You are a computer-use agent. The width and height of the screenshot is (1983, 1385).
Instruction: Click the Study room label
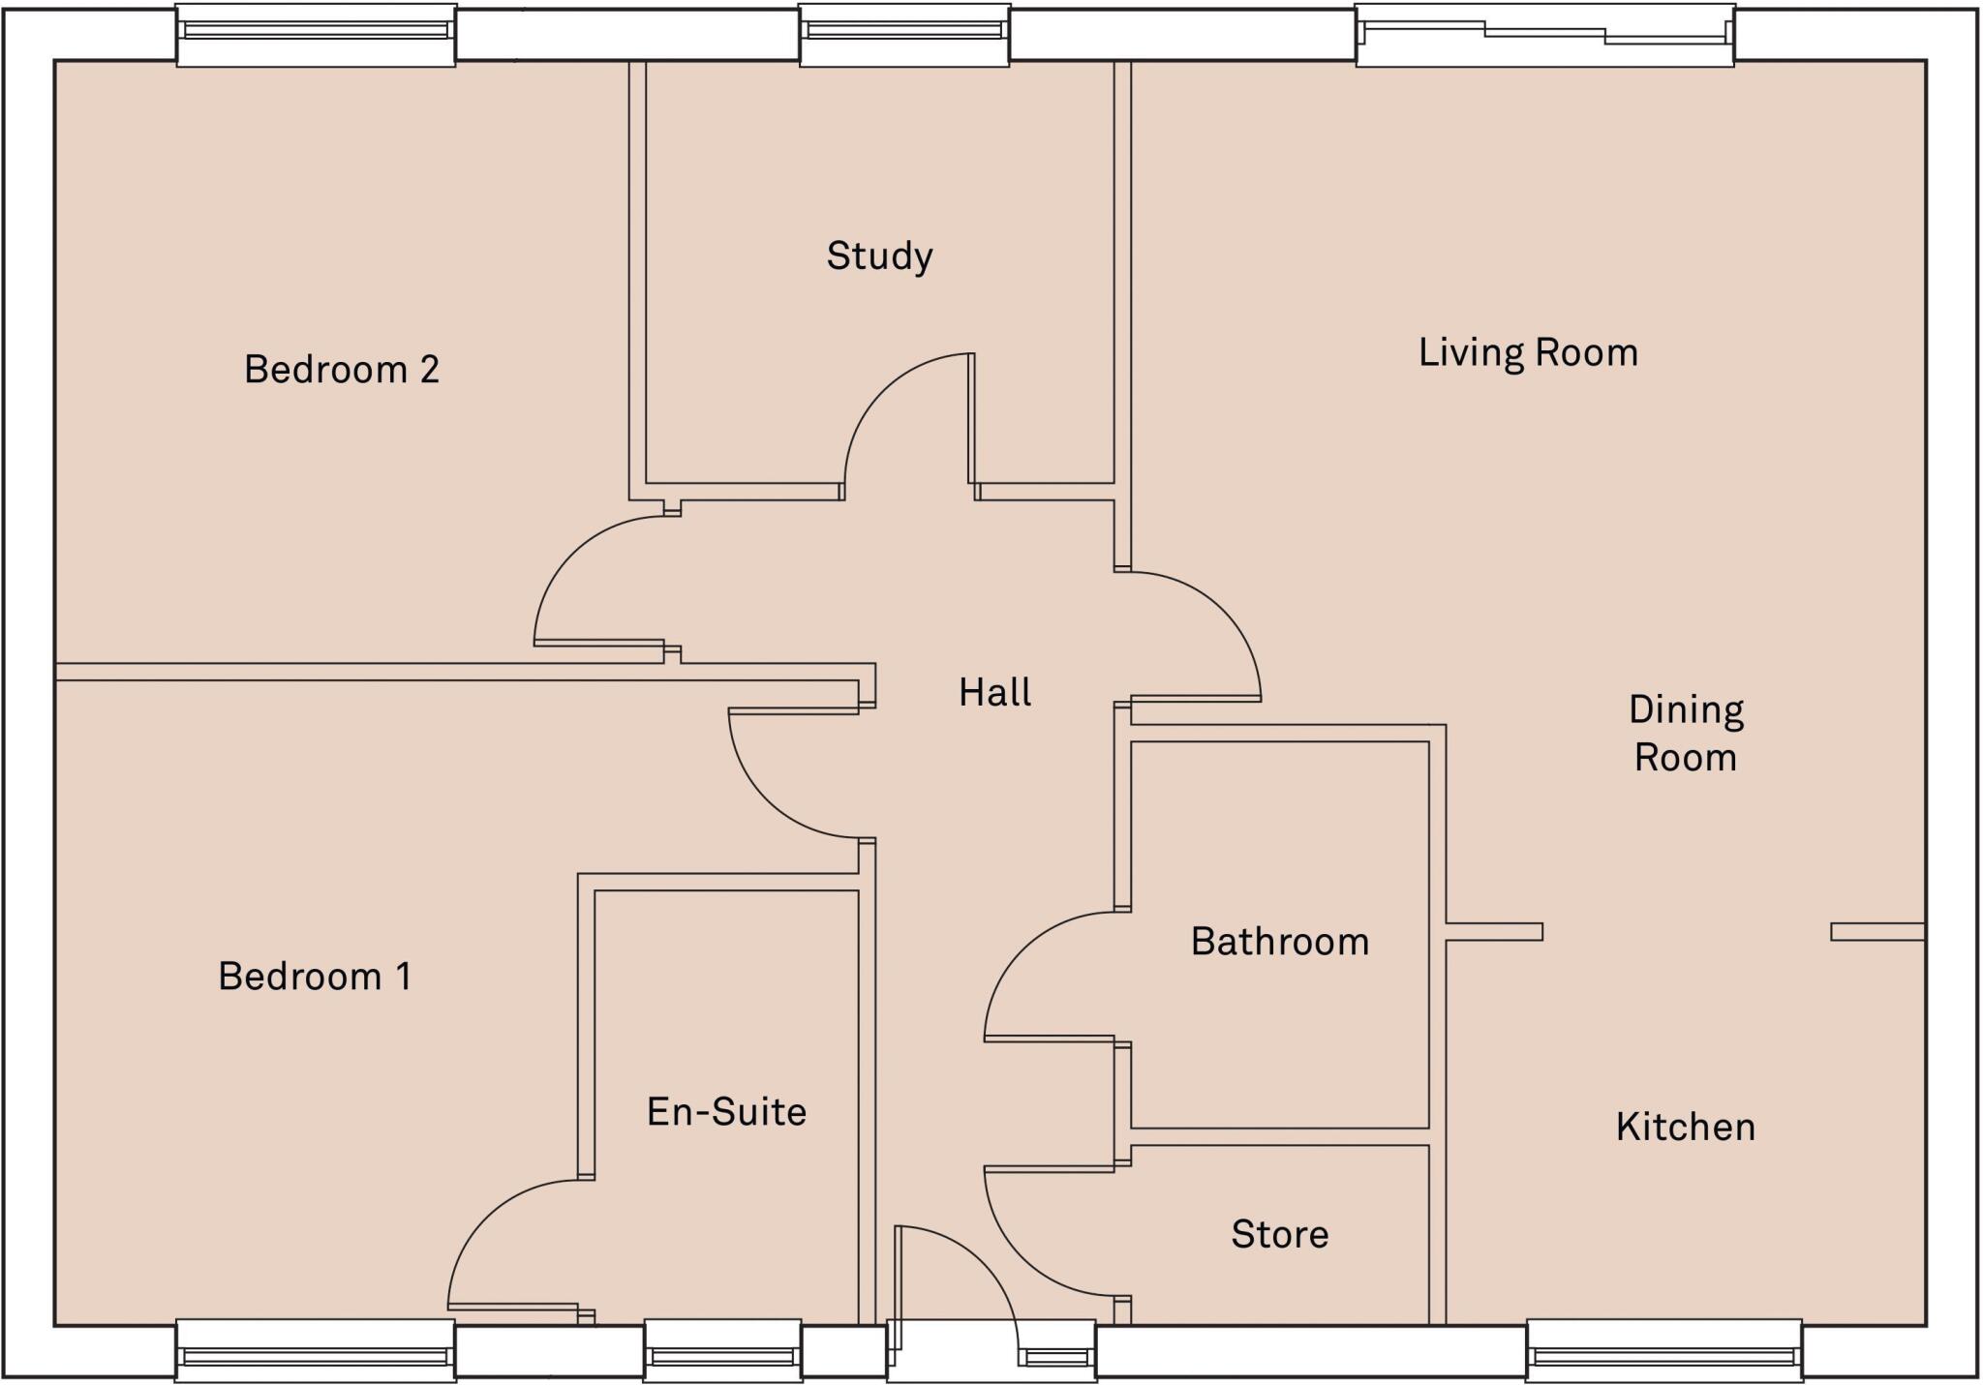click(x=879, y=256)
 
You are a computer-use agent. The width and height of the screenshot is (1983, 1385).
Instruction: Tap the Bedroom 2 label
click(x=342, y=370)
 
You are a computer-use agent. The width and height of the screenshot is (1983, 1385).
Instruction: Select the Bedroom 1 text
click(x=315, y=977)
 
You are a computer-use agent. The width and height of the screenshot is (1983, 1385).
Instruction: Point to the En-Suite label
click(x=726, y=1112)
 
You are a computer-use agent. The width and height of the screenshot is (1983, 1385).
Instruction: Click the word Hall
click(x=994, y=693)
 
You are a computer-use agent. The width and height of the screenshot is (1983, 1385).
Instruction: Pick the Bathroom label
click(x=1279, y=942)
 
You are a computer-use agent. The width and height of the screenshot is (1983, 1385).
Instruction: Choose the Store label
click(x=1279, y=1234)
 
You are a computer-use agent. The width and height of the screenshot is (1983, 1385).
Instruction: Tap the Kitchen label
click(x=1685, y=1128)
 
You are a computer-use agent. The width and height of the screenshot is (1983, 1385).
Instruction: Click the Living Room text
click(x=1528, y=353)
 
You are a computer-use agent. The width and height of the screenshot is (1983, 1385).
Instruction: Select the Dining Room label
click(x=1686, y=734)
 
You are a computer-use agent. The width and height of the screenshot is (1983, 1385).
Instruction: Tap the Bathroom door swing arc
click(x=1017, y=948)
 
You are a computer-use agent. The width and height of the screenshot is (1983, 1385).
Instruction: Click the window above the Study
click(x=904, y=34)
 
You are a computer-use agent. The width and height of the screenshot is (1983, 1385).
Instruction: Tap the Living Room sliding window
click(x=1544, y=34)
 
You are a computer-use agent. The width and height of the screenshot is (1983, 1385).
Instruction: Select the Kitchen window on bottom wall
click(x=1663, y=1352)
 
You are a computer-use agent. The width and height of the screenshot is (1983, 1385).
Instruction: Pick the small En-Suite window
click(x=722, y=1352)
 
